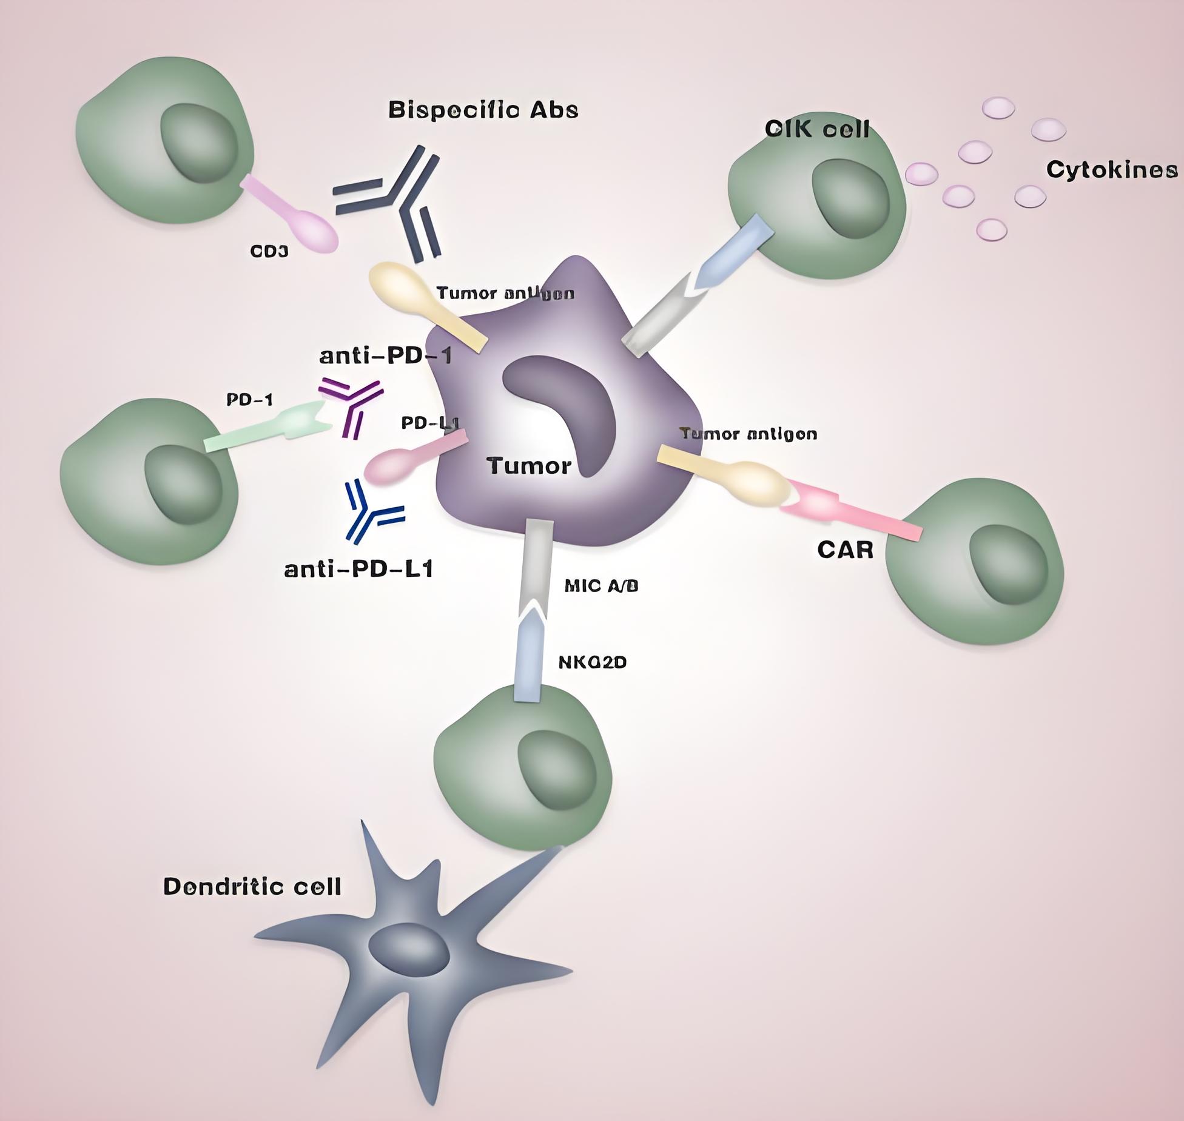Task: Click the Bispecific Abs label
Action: [x=483, y=110]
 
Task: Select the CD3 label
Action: [x=269, y=251]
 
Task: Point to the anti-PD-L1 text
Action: [x=358, y=569]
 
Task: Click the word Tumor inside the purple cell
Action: [x=529, y=466]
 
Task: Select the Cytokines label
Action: [x=1112, y=169]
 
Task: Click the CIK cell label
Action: [x=816, y=129]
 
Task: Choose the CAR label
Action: [x=845, y=550]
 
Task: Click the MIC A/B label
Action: [x=601, y=586]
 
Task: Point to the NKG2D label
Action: [x=592, y=662]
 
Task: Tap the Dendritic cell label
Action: [x=252, y=887]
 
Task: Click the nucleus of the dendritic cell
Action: [x=409, y=950]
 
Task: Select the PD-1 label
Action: [x=249, y=399]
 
